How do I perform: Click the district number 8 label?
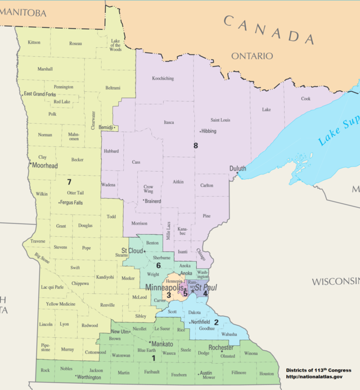196,146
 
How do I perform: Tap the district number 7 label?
69,182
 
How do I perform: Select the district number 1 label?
154,357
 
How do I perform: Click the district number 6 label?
159,265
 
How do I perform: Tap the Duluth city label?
238,168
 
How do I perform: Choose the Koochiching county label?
163,79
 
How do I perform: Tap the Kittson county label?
34,43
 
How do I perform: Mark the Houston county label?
266,374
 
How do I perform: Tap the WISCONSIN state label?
336,280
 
